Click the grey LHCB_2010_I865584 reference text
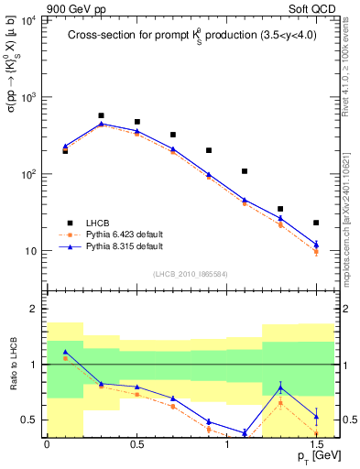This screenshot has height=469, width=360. click(190, 273)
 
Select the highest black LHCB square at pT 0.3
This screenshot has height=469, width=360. click(101, 116)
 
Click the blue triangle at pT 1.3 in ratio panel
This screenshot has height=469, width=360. click(280, 387)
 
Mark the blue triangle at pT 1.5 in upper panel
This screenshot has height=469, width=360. click(316, 244)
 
